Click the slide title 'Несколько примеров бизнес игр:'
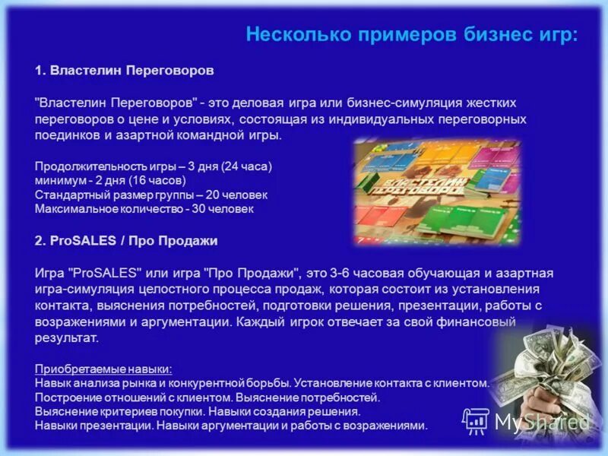tap(411, 34)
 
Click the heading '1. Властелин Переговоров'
tap(124, 70)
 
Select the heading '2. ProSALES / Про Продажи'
tap(126, 240)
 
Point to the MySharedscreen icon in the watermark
tap(477, 420)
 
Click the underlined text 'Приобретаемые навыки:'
tap(103, 369)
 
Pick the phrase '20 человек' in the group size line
tap(241, 195)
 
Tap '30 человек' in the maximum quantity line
tap(226, 208)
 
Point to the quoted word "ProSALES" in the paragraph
tap(103, 273)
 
